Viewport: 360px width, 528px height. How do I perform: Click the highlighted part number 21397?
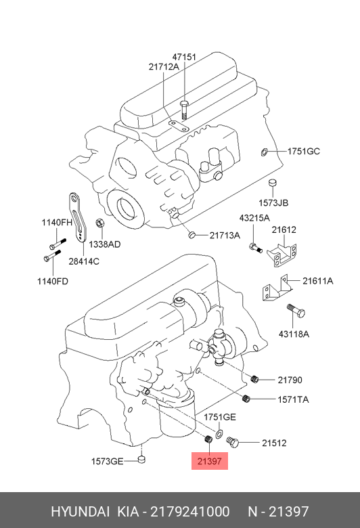pyautogui.click(x=210, y=461)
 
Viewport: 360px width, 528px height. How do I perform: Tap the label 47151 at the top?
pyautogui.click(x=184, y=57)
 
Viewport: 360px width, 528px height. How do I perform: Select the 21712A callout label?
pyautogui.click(x=164, y=66)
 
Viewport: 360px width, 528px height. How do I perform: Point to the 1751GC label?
pyautogui.click(x=303, y=151)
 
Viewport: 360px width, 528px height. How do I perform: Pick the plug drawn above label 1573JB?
pyautogui.click(x=273, y=183)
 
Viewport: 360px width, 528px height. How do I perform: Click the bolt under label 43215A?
pyautogui.click(x=256, y=248)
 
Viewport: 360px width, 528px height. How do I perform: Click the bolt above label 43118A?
pyautogui.click(x=296, y=311)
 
